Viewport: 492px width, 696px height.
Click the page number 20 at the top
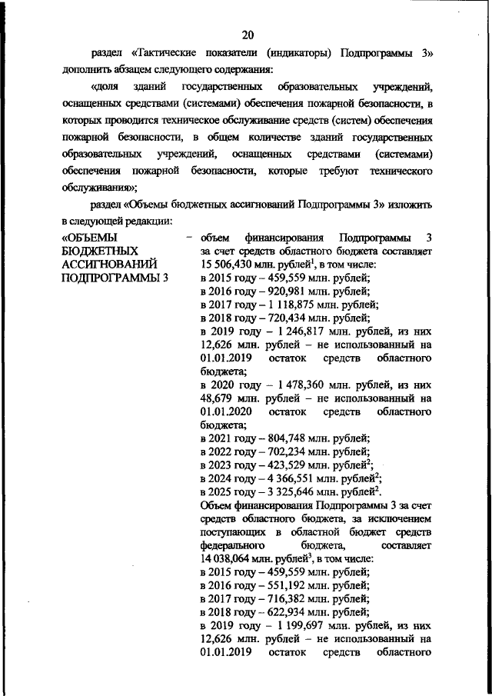pos(247,34)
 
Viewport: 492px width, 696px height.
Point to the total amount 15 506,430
pos(231,264)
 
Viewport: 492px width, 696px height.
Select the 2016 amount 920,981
pos(282,291)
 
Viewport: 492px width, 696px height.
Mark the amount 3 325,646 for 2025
pos(289,493)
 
